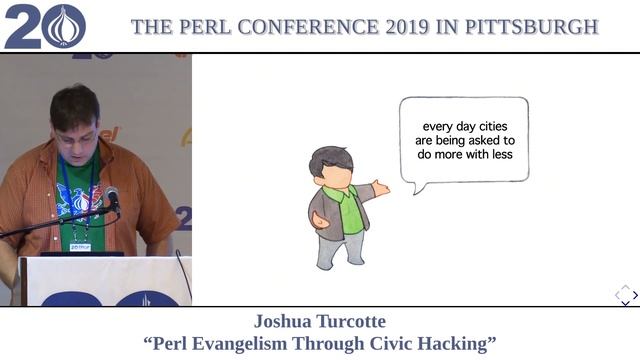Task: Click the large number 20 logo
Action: pyautogui.click(x=44, y=26)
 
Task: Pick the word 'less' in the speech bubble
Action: pyautogui.click(x=496, y=155)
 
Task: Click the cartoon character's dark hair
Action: pyautogui.click(x=330, y=160)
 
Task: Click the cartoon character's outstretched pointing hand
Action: pyautogui.click(x=380, y=187)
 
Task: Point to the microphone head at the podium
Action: pyautogui.click(x=112, y=197)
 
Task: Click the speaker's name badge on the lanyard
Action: pyautogui.click(x=80, y=246)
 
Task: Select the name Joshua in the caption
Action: pyautogui.click(x=287, y=322)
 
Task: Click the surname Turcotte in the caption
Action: pyautogui.click(x=353, y=322)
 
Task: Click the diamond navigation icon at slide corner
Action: pyautogui.click(x=624, y=293)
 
